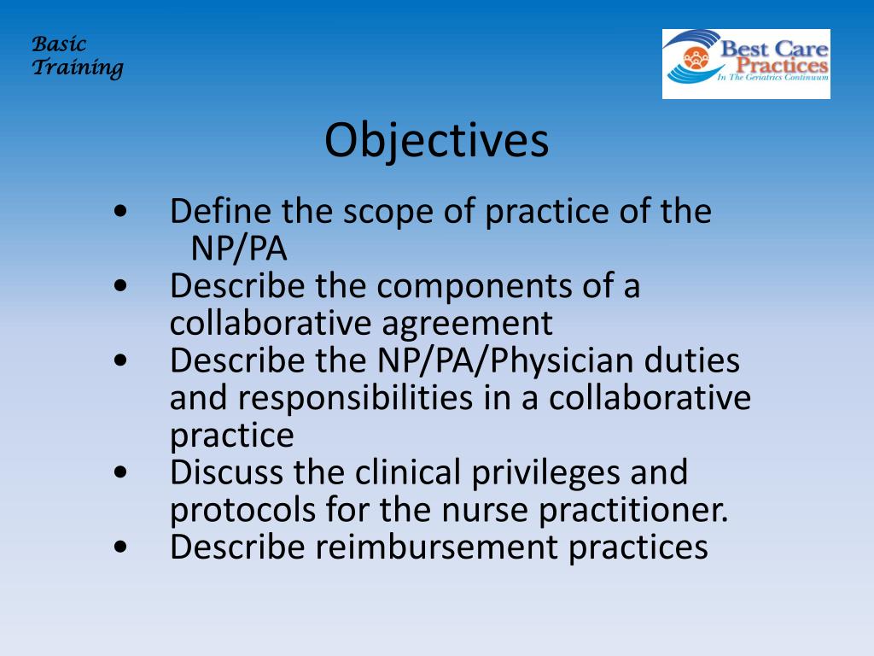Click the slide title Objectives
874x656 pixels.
(x=436, y=141)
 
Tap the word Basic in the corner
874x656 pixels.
(x=59, y=44)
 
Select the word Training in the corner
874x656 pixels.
(x=78, y=67)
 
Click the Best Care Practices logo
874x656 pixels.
(x=746, y=64)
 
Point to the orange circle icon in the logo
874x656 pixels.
(x=696, y=59)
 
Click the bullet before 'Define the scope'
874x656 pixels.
(x=119, y=212)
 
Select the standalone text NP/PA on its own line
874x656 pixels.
(x=239, y=249)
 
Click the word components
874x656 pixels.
(x=475, y=286)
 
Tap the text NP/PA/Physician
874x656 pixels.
(x=505, y=361)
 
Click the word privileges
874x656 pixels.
(x=545, y=473)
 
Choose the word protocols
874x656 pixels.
(x=242, y=510)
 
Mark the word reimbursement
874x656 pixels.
(x=436, y=547)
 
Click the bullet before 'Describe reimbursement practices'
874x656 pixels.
(x=119, y=548)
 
